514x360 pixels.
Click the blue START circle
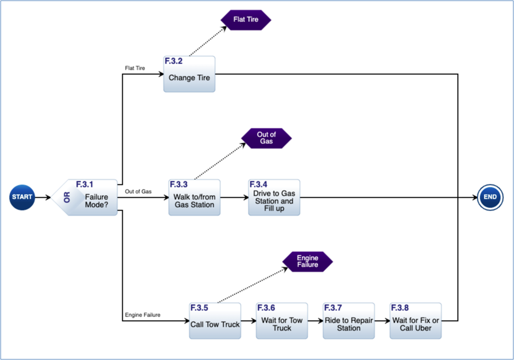22,197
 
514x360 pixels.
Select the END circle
490,197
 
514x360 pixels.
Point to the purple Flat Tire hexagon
246,20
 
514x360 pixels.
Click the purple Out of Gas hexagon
266,138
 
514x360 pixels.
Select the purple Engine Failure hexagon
307,261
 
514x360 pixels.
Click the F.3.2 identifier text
173,61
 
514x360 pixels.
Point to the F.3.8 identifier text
400,308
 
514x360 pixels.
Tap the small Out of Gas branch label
138,191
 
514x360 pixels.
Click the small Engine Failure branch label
142,315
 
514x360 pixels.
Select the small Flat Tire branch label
135,68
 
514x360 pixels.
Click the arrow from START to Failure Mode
44,197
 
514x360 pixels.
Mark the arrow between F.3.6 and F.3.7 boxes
315,321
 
